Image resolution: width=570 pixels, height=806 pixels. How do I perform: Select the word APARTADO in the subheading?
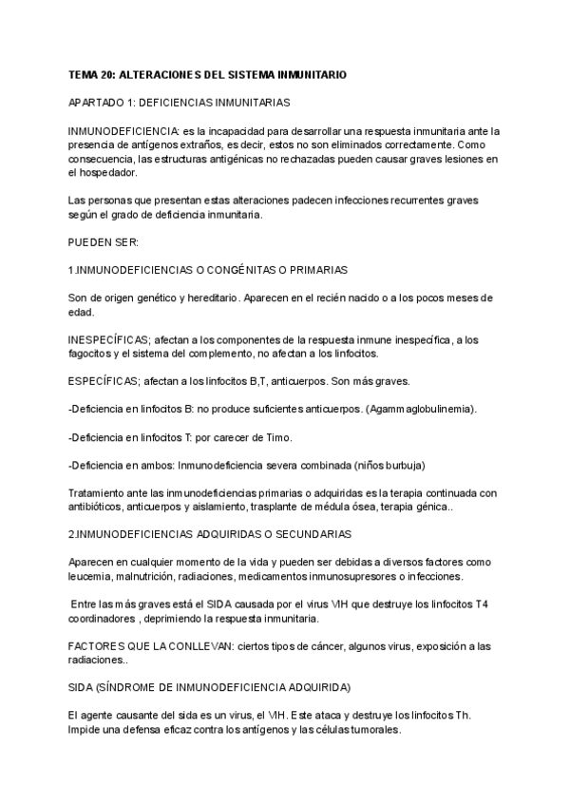[99, 101]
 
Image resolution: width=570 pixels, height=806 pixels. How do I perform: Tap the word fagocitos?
[93, 354]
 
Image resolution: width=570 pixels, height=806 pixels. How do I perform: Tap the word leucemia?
[92, 576]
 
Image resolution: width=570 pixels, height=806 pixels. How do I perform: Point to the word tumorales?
[372, 730]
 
